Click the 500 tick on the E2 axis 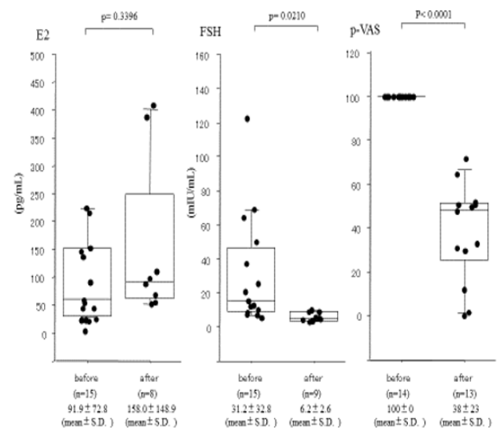click(37, 55)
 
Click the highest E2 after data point click(154, 106)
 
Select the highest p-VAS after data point click(466, 160)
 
